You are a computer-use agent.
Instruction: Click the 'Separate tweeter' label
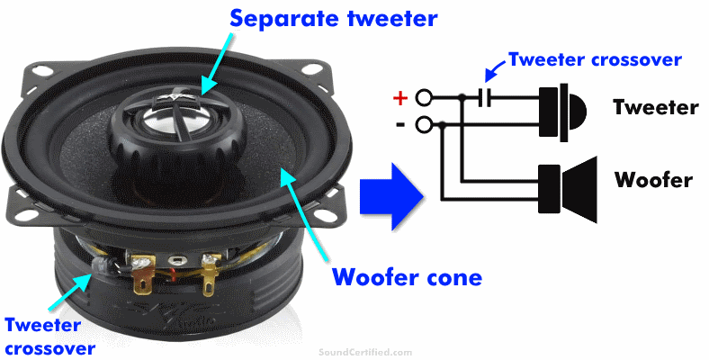[x=333, y=19]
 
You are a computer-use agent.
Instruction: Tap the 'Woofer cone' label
[x=407, y=277]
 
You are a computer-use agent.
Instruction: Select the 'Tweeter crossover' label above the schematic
[x=595, y=59]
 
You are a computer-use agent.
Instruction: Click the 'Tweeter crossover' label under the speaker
[x=49, y=337]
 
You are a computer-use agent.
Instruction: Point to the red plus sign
[x=400, y=98]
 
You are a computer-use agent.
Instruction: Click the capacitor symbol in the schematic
[x=485, y=98]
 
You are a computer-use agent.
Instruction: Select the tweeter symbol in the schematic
[x=562, y=112]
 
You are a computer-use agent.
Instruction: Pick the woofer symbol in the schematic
[x=568, y=189]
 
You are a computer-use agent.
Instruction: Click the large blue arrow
[x=391, y=197]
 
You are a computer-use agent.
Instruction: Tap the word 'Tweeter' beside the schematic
[x=656, y=108]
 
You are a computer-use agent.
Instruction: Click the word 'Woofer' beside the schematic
[x=653, y=180]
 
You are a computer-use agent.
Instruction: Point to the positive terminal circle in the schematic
[x=424, y=98]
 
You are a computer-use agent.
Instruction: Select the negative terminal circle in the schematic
[x=424, y=125]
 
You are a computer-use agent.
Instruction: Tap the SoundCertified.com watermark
[x=365, y=352]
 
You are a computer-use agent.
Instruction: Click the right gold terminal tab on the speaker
[x=209, y=275]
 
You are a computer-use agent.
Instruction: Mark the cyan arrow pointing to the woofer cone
[x=306, y=215]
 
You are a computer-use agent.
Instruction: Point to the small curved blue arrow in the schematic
[x=497, y=72]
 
